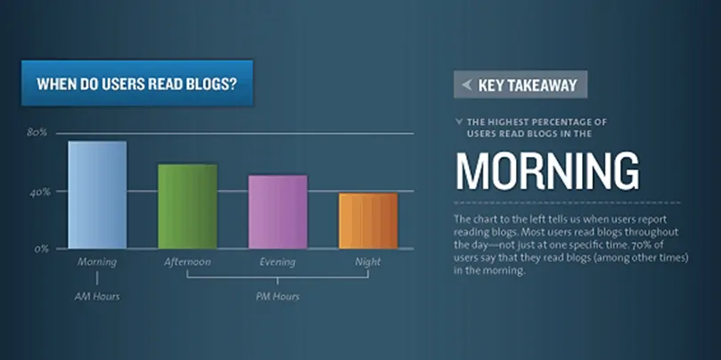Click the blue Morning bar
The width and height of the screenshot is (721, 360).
click(x=97, y=194)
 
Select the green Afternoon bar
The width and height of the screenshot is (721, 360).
click(x=187, y=206)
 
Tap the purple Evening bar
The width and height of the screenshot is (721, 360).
click(x=277, y=211)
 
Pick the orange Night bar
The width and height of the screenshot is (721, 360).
click(x=367, y=220)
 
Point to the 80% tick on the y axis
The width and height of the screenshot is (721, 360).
click(x=37, y=133)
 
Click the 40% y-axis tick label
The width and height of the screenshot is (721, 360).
click(x=37, y=191)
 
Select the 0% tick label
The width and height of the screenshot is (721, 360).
click(x=41, y=249)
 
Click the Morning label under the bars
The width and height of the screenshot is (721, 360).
click(x=97, y=262)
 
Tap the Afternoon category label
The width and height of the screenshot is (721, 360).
click(x=187, y=262)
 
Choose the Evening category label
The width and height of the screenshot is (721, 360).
click(x=277, y=262)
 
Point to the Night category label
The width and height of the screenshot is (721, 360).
click(x=367, y=262)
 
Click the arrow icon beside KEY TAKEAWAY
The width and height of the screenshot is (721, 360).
click(x=466, y=86)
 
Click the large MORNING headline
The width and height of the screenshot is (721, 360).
click(x=546, y=171)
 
